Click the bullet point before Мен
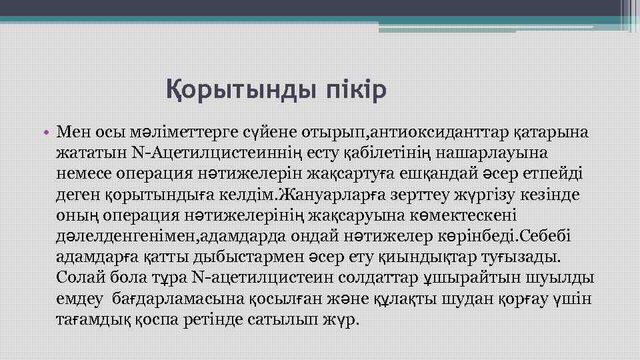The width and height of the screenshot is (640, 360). tap(51, 132)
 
